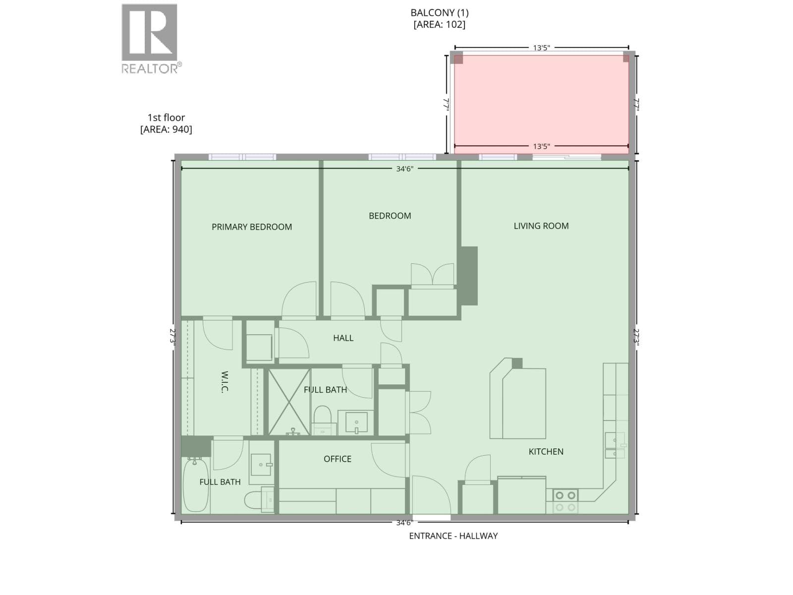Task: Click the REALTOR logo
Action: point(150,39)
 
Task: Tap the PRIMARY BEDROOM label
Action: point(251,227)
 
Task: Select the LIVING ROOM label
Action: point(541,226)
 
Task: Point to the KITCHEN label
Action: point(546,452)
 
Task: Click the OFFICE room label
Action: point(337,459)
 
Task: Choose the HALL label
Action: point(343,338)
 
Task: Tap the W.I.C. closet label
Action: point(225,381)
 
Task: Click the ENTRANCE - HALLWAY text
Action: point(453,536)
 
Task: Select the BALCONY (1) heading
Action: point(439,13)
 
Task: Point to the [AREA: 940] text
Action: point(166,129)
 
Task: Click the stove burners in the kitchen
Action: point(566,501)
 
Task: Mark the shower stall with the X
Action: point(289,402)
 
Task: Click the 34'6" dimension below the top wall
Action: point(404,169)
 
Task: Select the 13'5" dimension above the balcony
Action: point(541,48)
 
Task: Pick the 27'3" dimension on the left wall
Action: point(173,337)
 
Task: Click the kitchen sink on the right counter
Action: point(615,445)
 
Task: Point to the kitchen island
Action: point(517,399)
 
